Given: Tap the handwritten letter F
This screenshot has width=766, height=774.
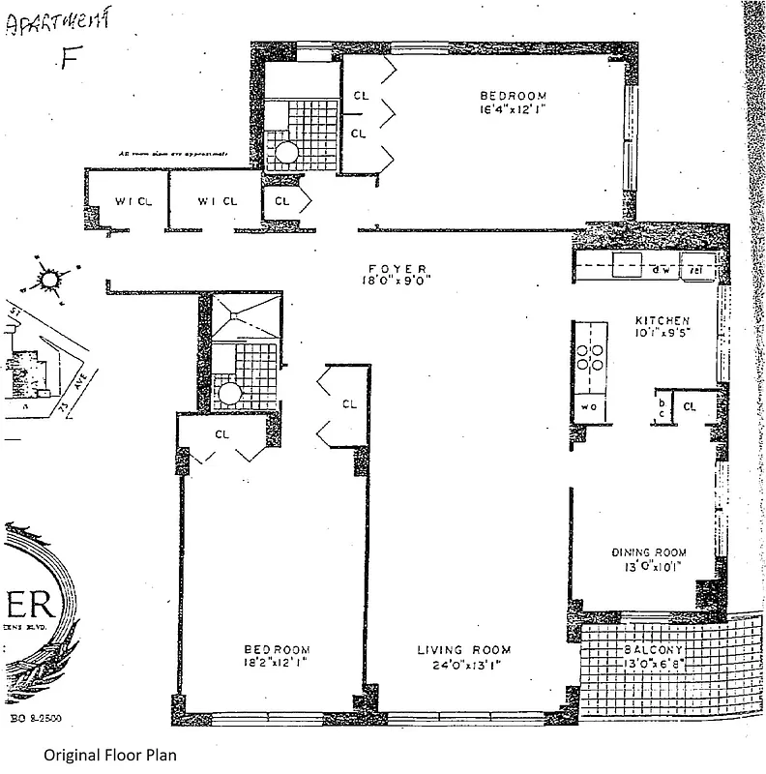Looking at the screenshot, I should coord(68,59).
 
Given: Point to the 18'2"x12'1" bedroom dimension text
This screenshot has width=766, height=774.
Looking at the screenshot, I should coord(277,664).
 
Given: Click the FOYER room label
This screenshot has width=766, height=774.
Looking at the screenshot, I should coord(398,269).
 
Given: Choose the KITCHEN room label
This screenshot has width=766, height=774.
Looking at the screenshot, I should coord(662,320).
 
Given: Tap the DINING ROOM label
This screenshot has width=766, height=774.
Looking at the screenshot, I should coord(649,553).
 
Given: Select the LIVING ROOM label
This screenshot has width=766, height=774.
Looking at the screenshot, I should coord(463,649).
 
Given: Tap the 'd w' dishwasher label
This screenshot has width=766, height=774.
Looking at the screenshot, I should coord(662,270).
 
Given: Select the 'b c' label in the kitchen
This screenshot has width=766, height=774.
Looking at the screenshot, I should coord(662,406).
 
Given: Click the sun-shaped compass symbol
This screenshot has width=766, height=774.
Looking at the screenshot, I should coord(48,279).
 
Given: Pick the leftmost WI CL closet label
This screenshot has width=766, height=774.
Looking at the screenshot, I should coord(126,201).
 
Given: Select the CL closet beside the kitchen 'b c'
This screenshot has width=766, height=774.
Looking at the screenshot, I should coord(690,407).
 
